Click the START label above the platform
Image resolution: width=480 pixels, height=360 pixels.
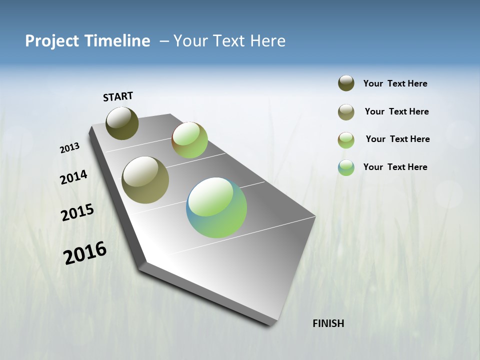tap(118, 96)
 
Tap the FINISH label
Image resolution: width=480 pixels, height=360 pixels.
tap(328, 323)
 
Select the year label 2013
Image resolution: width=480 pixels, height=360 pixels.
tap(69, 148)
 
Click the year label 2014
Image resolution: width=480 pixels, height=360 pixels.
tap(73, 177)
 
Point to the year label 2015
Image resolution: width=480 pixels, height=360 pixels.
tap(77, 212)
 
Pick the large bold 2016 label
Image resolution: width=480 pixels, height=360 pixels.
tap(85, 253)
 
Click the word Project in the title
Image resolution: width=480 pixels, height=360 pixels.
tap(52, 41)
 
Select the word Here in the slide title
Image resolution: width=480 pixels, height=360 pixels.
tap(268, 41)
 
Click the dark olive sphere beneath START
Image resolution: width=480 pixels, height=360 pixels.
tap(122, 123)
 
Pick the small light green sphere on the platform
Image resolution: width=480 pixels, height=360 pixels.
tap(189, 140)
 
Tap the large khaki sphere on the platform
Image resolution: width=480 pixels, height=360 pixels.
tap(145, 180)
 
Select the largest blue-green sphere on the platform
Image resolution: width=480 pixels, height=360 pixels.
tap(216, 207)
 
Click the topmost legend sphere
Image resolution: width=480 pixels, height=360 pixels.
tap(346, 83)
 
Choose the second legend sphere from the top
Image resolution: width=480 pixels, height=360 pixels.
tap(346, 112)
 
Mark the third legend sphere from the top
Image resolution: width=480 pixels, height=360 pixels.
tap(346, 140)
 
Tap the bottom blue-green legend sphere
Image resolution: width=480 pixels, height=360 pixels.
tap(346, 167)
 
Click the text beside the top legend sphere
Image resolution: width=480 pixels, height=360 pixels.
tap(395, 83)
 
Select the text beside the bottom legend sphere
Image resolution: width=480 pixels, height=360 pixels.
tap(395, 167)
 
